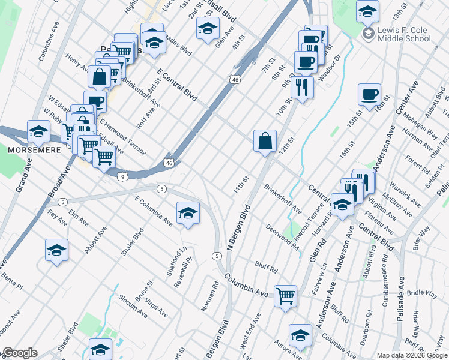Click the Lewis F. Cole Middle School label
(404, 35)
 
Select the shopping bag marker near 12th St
(265, 142)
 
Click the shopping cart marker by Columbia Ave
(285, 295)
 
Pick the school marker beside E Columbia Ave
(188, 213)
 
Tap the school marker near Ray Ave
(56, 250)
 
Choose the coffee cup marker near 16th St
(369, 94)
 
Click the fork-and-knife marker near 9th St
(302, 87)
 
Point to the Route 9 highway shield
(122, 176)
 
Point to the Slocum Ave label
(132, 306)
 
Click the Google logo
(20, 353)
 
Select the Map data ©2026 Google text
(412, 355)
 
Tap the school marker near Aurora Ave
(300, 335)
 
